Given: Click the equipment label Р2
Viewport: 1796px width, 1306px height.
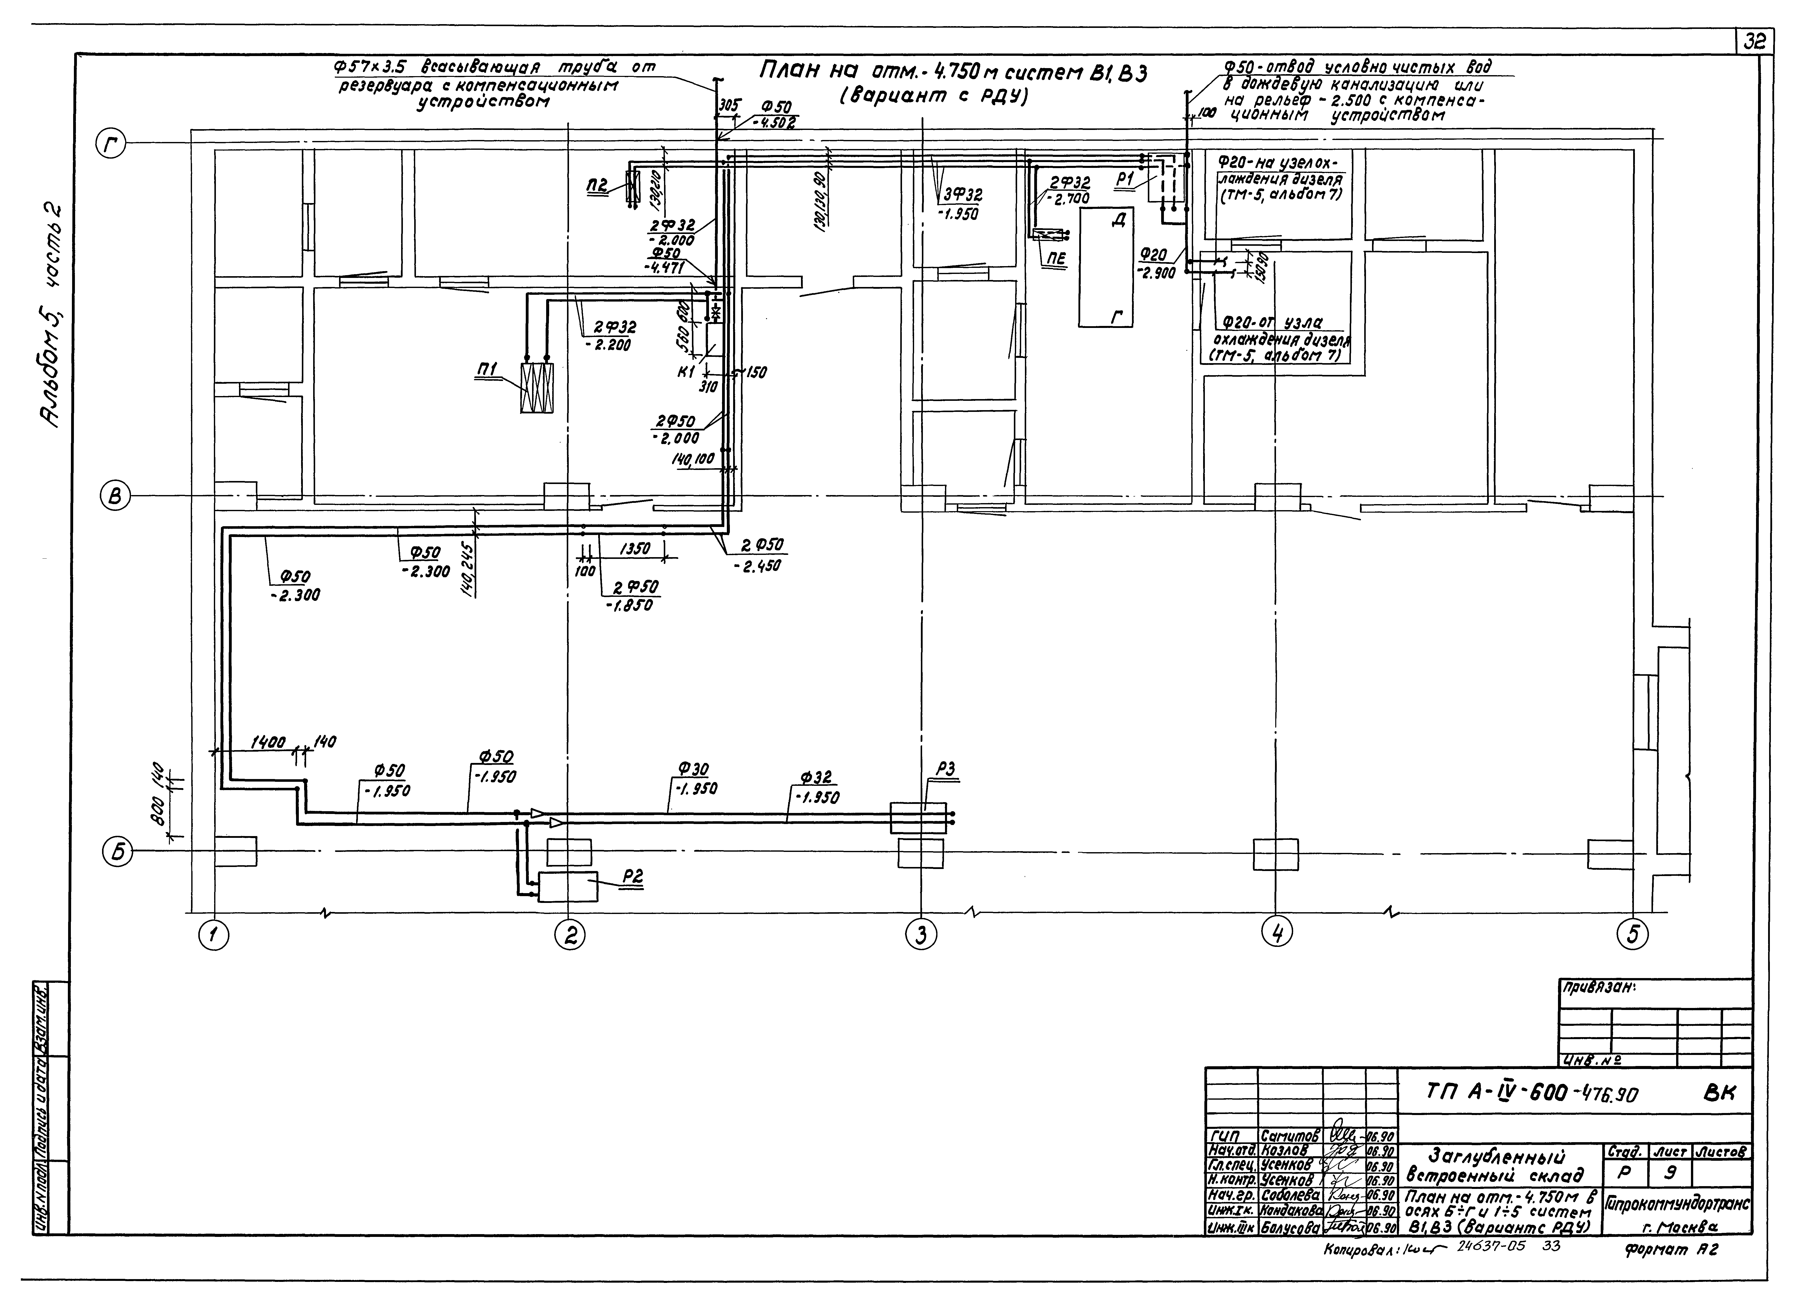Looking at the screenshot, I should (633, 877).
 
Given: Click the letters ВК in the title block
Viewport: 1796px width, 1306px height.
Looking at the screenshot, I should (1718, 1093).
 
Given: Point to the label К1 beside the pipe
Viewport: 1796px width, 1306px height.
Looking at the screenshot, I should (686, 372).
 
